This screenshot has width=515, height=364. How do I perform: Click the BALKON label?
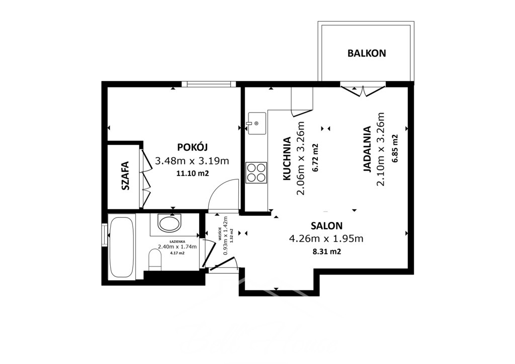click(367, 53)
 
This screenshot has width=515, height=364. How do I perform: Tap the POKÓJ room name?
click(192, 147)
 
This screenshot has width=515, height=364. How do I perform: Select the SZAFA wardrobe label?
click(125, 176)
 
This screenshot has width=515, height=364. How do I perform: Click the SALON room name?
click(326, 226)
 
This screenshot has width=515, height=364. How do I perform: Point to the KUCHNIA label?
click(287, 158)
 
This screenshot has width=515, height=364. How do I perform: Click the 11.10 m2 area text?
click(193, 173)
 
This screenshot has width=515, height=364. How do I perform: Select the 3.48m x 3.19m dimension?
click(192, 161)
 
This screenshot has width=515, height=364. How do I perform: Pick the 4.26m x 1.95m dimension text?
click(326, 239)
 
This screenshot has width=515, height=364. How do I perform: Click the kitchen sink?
click(256, 123)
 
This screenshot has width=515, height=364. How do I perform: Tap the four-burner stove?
click(256, 172)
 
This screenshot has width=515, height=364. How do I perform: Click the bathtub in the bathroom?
click(122, 247)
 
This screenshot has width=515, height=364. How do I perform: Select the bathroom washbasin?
click(169, 223)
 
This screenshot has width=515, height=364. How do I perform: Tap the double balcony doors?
click(363, 90)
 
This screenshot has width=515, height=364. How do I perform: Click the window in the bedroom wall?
click(209, 84)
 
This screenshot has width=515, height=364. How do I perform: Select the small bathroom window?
click(105, 234)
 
